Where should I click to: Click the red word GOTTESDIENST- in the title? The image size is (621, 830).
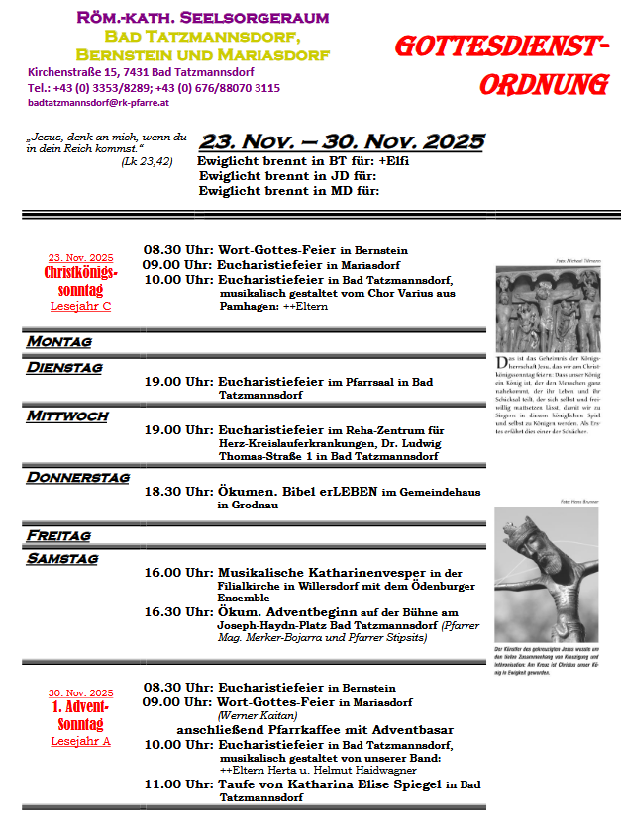click(501, 48)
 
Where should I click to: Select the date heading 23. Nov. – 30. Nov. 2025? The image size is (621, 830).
click(342, 141)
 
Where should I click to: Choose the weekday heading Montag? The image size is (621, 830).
click(59, 341)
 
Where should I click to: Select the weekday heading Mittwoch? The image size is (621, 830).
click(67, 416)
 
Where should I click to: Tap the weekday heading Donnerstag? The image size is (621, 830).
click(78, 477)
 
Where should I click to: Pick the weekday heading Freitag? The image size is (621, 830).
click(59, 535)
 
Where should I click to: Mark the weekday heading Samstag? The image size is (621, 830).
click(62, 558)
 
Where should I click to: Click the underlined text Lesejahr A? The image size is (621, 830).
click(80, 741)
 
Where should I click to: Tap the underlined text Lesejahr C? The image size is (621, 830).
click(80, 306)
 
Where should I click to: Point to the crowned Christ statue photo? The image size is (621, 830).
click(548, 574)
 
